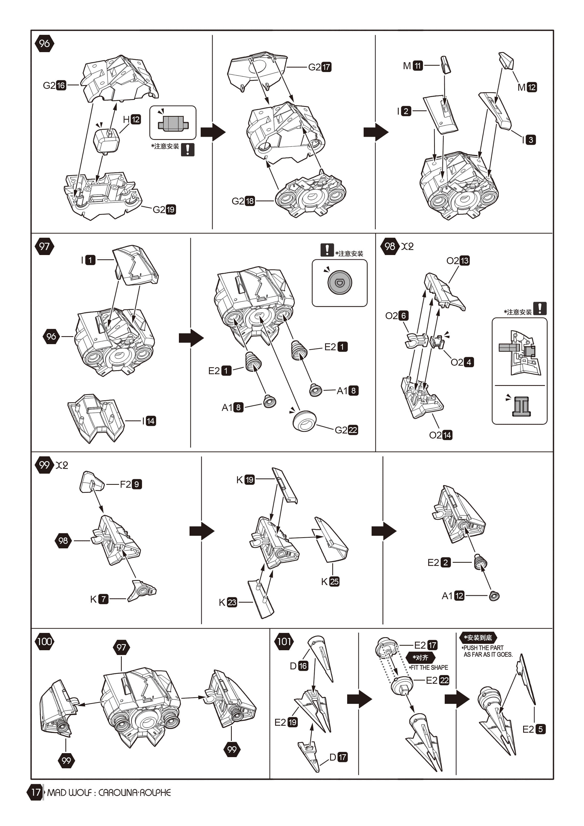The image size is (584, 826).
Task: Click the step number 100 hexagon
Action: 45,641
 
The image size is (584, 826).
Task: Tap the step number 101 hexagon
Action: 284,641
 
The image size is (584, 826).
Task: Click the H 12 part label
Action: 132,119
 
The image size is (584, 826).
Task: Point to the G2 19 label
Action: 164,209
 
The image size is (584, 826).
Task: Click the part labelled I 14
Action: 96,417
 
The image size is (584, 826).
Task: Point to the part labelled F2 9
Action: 92,482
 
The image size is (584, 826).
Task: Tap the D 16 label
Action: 299,666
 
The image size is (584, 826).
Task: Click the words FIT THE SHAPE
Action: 429,667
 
